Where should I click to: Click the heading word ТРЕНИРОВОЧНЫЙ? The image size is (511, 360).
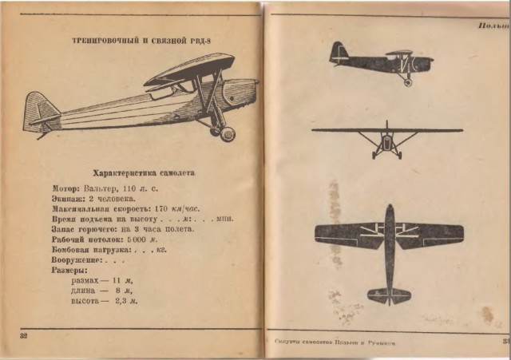click(101, 40)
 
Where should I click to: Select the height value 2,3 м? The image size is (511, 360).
click(126, 301)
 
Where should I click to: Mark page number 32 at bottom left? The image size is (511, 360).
click(23, 335)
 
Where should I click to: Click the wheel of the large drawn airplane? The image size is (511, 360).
click(227, 133)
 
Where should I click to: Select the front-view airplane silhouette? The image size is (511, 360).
click(387, 136)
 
